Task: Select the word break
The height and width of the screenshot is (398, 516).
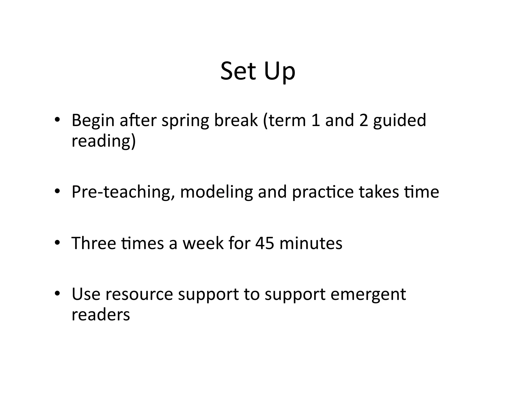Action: tap(236, 120)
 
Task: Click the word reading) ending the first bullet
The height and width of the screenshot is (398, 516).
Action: tap(104, 141)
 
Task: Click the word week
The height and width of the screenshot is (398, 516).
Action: tap(203, 243)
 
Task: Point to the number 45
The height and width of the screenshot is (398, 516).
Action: tap(265, 244)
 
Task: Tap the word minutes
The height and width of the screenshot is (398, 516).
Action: tap(311, 243)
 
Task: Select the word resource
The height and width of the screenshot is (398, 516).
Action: tap(139, 294)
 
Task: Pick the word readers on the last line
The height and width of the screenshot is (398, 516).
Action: tap(101, 315)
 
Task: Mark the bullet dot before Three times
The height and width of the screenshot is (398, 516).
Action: tap(57, 243)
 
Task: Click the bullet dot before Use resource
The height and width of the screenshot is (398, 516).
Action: tap(57, 293)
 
